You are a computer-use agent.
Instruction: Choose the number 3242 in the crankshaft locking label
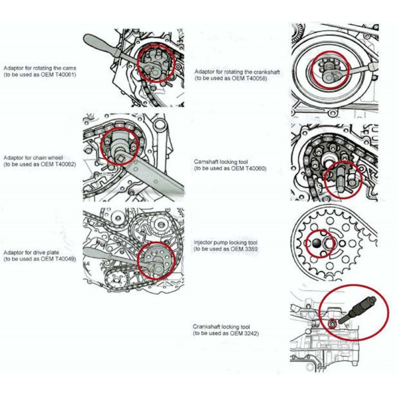pyautogui.click(x=250, y=333)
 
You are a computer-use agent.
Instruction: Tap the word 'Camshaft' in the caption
pyautogui.click(x=206, y=162)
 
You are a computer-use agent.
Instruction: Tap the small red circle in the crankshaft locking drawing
pyautogui.click(x=333, y=324)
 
